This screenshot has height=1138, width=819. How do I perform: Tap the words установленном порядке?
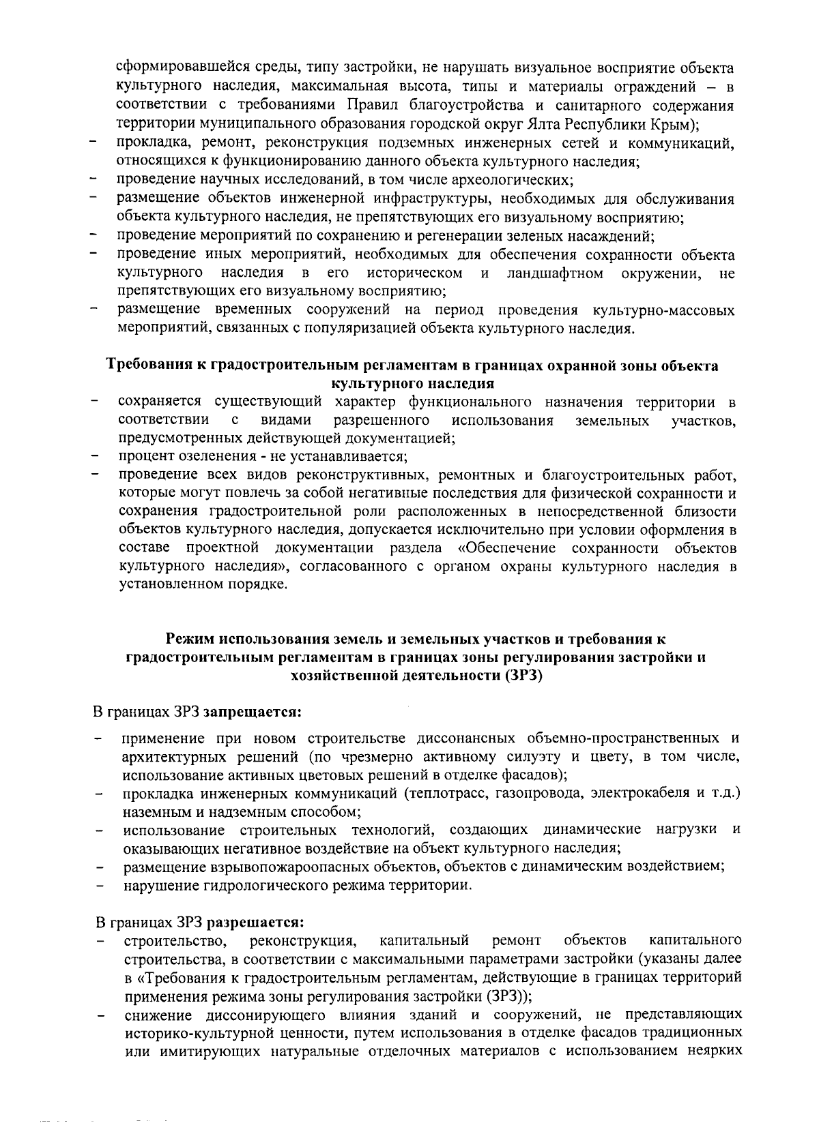coord(203,585)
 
